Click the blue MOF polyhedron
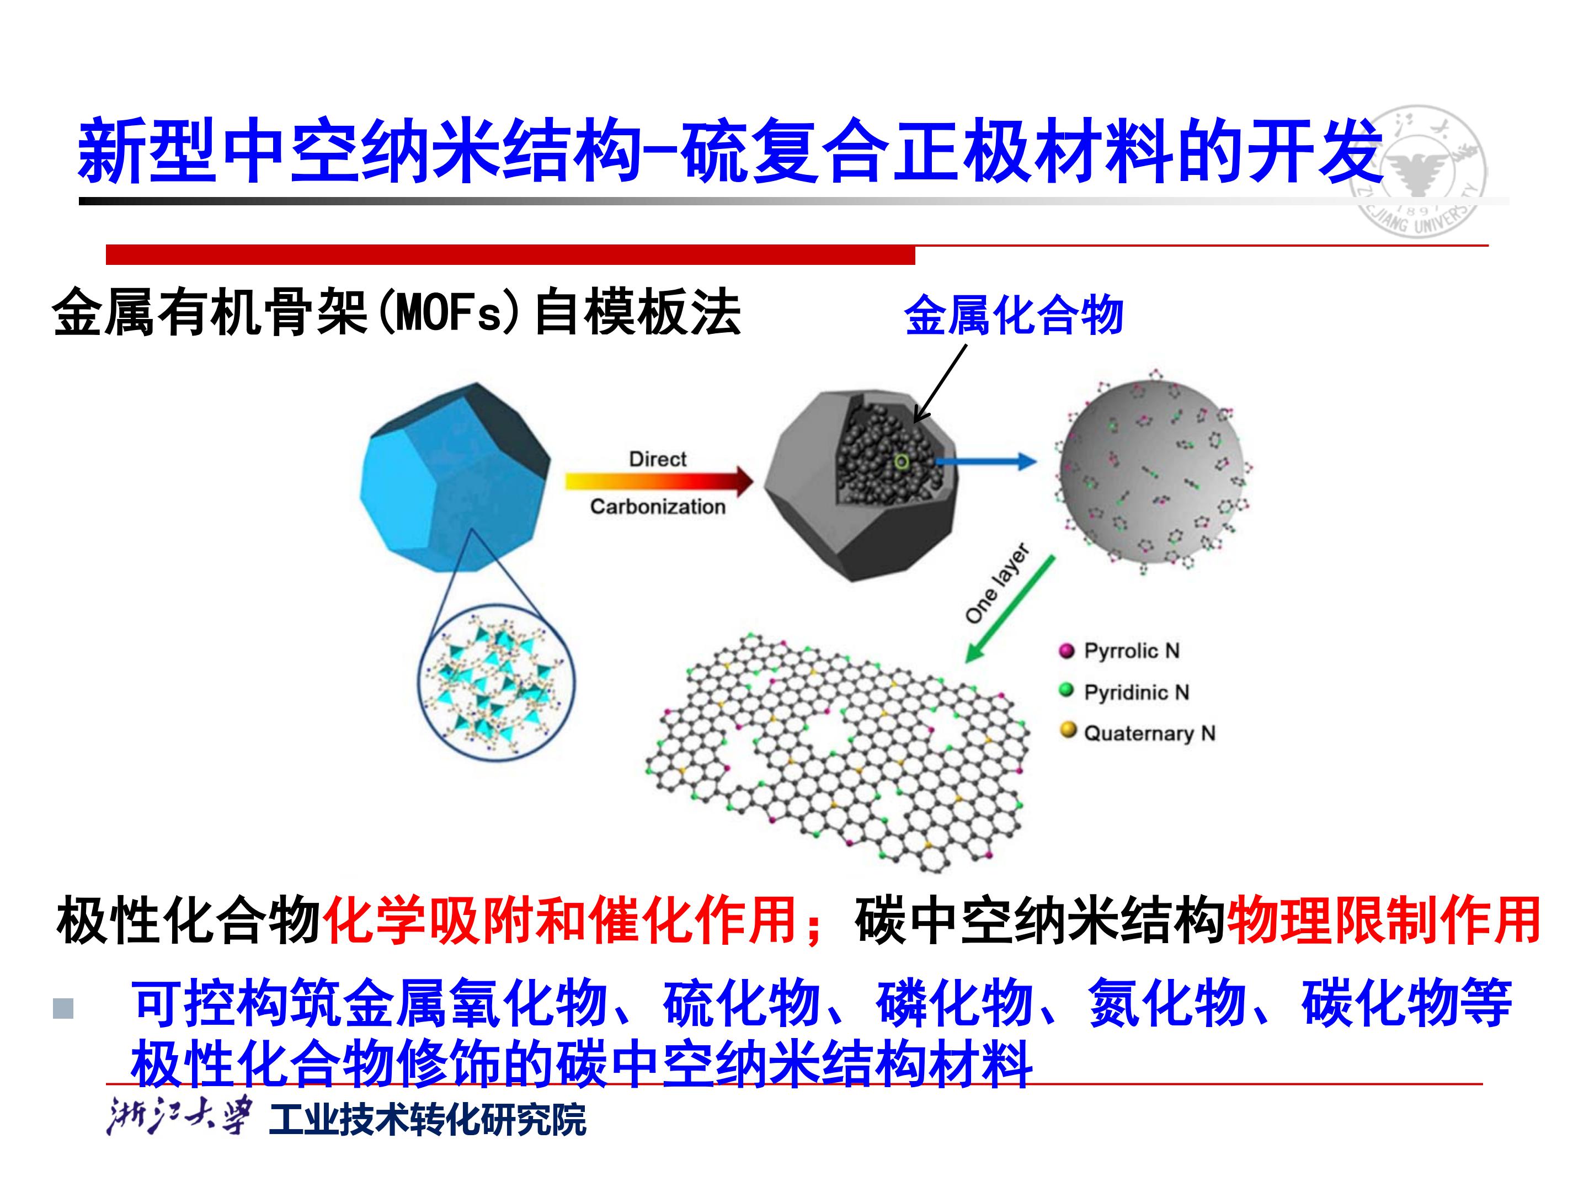click(455, 478)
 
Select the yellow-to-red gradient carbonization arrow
click(659, 482)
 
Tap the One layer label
click(997, 583)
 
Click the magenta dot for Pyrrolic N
click(1067, 651)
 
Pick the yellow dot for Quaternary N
click(1068, 731)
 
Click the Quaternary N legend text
click(1149, 733)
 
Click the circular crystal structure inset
click(497, 681)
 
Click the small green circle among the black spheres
click(902, 462)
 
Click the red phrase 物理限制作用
click(1383, 920)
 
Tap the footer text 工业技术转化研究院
click(428, 1118)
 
